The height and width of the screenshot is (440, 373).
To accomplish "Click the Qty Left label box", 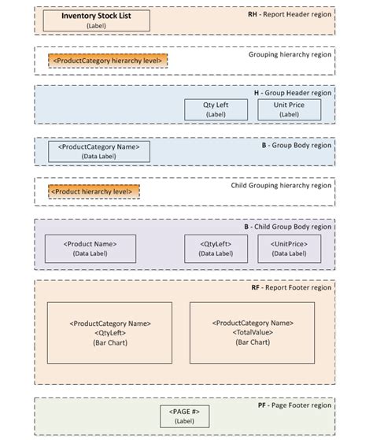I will pyautogui.click(x=216, y=109).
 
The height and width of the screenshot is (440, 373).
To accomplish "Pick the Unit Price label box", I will pyautogui.click(x=289, y=109).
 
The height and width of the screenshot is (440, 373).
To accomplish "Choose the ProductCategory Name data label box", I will pyautogui.click(x=99, y=151).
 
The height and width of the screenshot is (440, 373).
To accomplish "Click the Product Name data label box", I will pyautogui.click(x=90, y=249).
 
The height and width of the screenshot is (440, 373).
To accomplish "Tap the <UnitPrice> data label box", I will pyautogui.click(x=289, y=249).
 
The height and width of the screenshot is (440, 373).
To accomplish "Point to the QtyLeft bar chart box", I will pyautogui.click(x=109, y=332).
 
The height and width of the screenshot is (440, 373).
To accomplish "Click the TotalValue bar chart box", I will pyautogui.click(x=252, y=332).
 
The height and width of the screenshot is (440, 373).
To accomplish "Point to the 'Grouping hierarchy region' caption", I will pyautogui.click(x=290, y=55).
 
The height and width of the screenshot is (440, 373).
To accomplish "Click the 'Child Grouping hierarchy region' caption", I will pyautogui.click(x=281, y=186).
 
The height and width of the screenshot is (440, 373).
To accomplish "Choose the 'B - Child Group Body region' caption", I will pyautogui.click(x=286, y=227).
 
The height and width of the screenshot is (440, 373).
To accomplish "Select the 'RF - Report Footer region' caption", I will pyautogui.click(x=290, y=289).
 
